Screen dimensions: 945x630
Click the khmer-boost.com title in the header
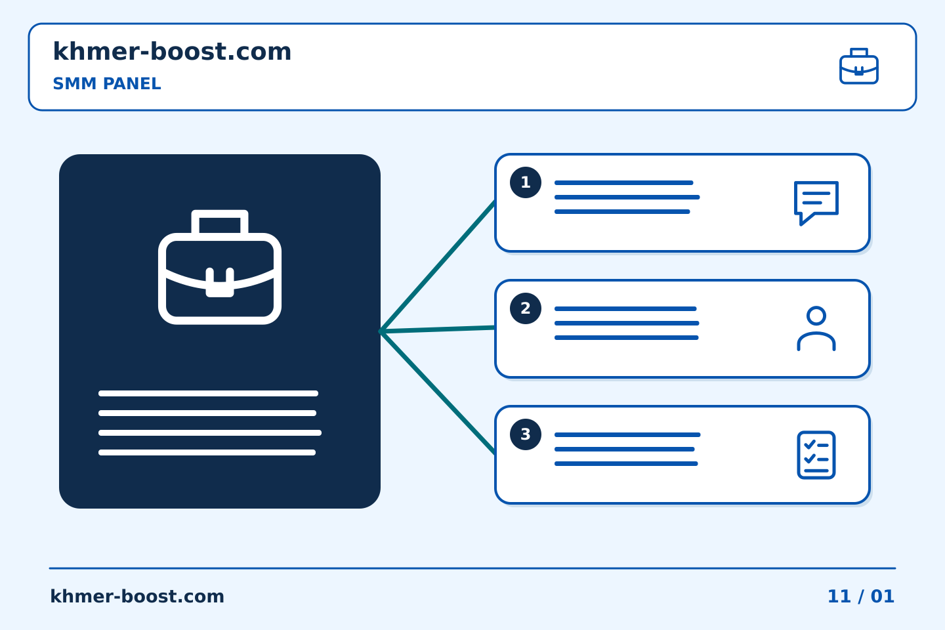pyautogui.click(x=172, y=51)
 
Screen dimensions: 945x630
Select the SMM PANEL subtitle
pyautogui.click(x=107, y=83)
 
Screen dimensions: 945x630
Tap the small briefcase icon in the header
pyautogui.click(x=858, y=66)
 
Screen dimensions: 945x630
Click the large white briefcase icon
pyautogui.click(x=220, y=267)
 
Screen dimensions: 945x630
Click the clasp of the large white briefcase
pyautogui.click(x=220, y=282)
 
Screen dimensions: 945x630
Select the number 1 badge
pyautogui.click(x=526, y=182)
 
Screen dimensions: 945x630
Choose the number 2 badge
pyautogui.click(x=526, y=308)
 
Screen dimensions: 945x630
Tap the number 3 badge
pyautogui.click(x=526, y=434)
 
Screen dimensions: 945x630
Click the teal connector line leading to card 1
pyautogui.click(x=438, y=266)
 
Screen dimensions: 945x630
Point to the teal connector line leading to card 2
pyautogui.click(x=438, y=329)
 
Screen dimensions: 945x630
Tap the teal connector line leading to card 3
pyautogui.click(x=438, y=392)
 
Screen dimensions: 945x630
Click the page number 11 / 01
pyautogui.click(x=860, y=597)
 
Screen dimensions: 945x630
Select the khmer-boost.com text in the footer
pyautogui.click(x=137, y=597)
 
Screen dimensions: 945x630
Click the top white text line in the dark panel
pyautogui.click(x=209, y=393)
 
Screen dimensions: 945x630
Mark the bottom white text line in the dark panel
pyautogui.click(x=207, y=452)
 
